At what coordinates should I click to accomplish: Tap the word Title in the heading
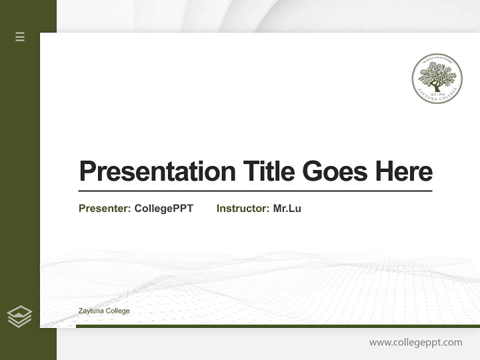click(268, 171)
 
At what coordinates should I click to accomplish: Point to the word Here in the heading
click(404, 171)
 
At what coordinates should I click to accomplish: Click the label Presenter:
click(104, 208)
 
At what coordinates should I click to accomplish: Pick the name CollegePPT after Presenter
click(163, 208)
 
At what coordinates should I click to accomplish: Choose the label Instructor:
click(243, 208)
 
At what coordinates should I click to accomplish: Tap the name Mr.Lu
click(287, 208)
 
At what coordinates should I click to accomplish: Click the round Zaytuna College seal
click(437, 78)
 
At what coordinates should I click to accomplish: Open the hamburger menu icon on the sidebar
click(20, 36)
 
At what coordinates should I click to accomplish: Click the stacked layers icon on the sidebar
click(20, 316)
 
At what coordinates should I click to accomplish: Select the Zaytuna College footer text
click(104, 311)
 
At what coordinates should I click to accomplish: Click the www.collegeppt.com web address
click(415, 342)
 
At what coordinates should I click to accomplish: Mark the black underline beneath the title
click(255, 191)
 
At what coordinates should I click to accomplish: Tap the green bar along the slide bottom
click(277, 326)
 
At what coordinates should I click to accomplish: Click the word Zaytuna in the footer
click(89, 311)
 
